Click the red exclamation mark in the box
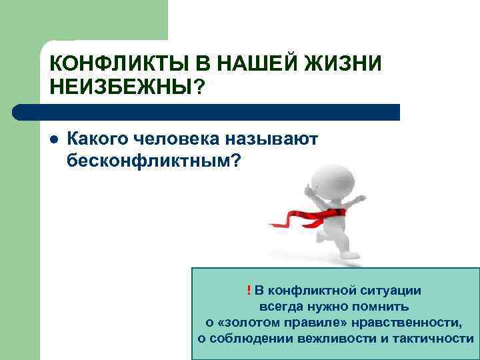[248, 290]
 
